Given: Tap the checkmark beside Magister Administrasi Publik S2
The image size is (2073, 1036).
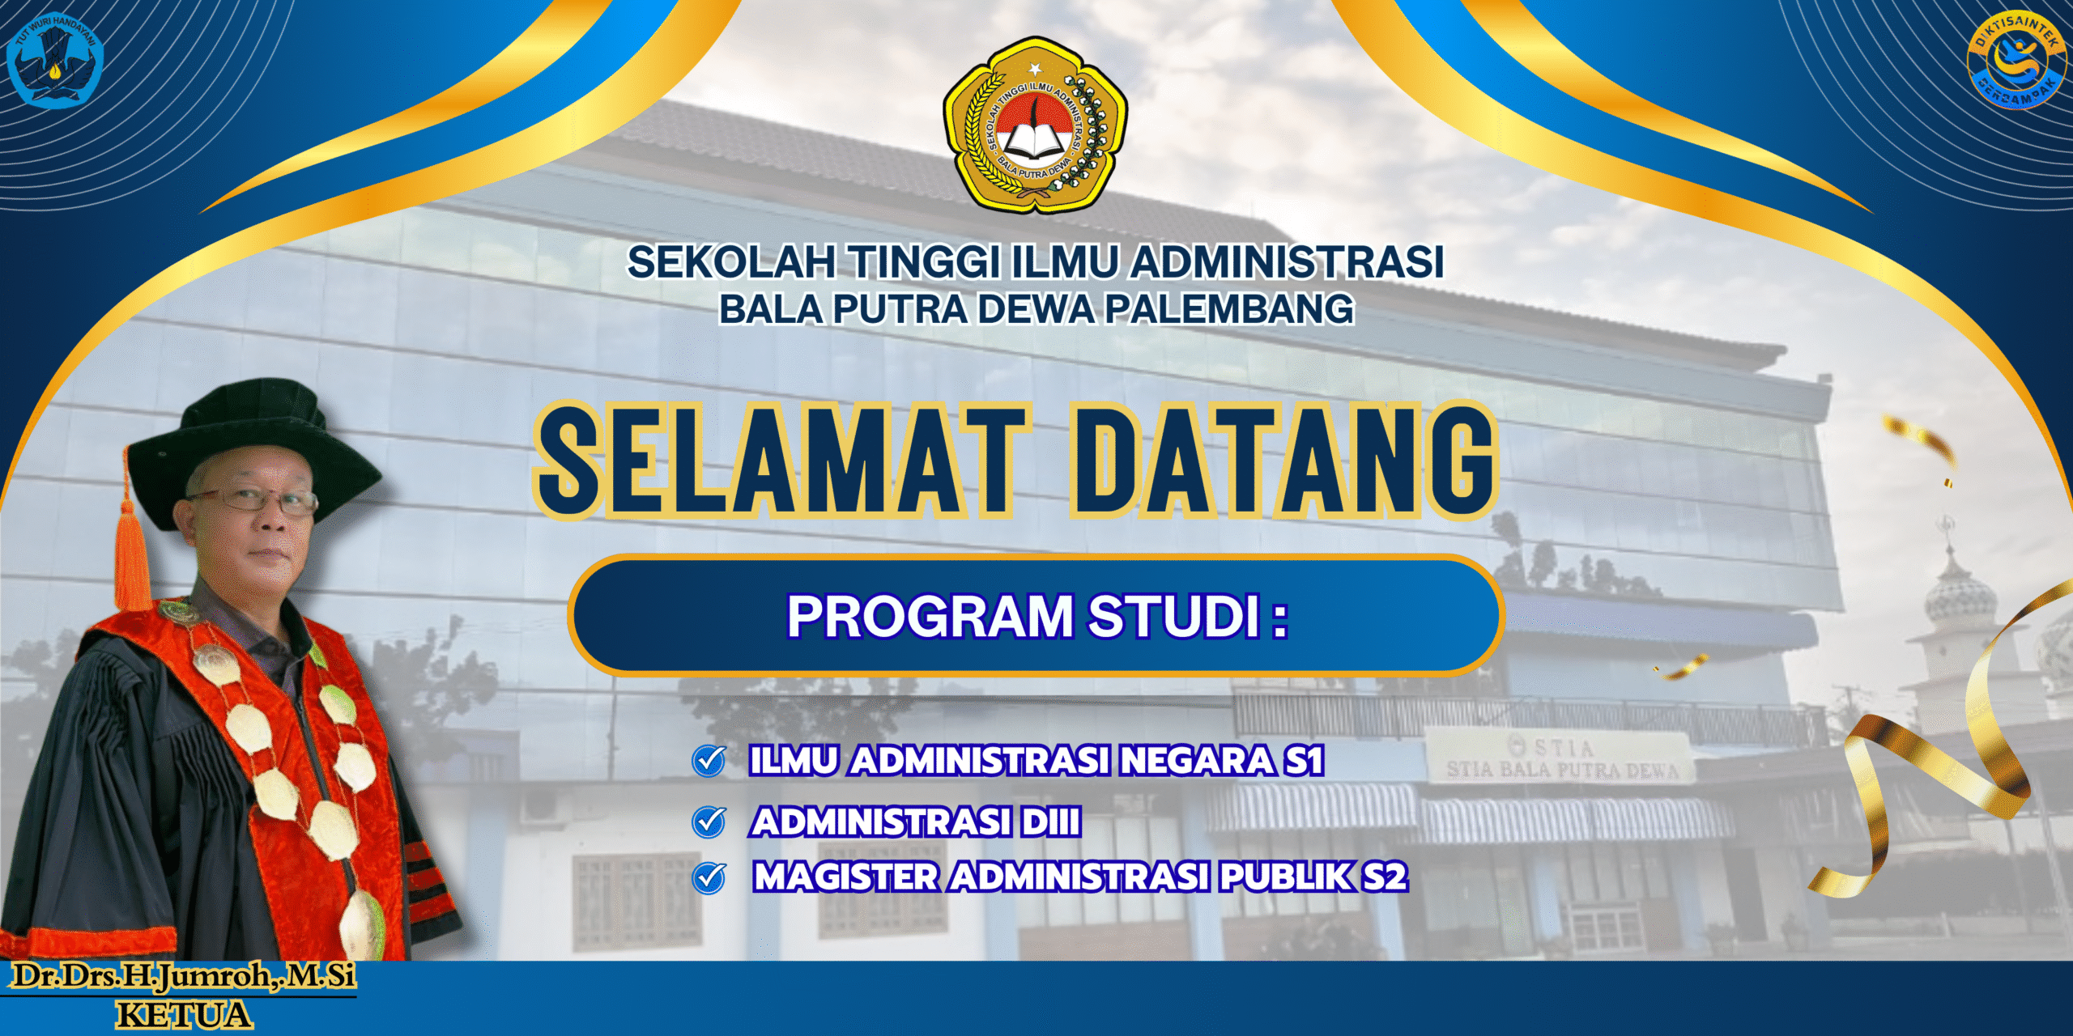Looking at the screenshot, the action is (709, 878).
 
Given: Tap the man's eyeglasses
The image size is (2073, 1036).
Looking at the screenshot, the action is (253, 500).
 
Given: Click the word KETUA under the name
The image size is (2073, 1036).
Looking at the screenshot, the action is (185, 1016).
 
